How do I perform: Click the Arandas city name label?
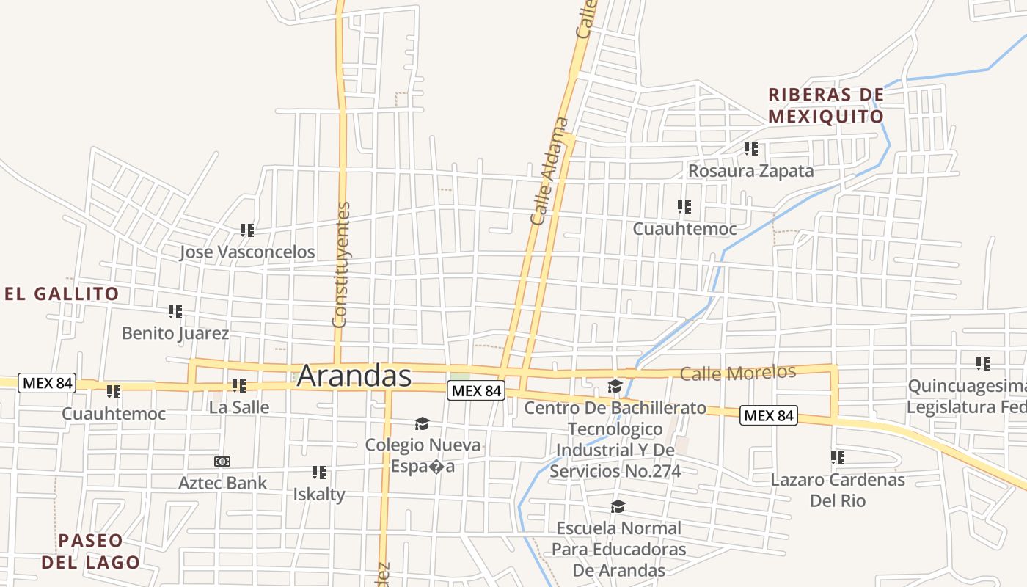pyautogui.click(x=354, y=376)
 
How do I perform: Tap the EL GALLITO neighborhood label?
pyautogui.click(x=62, y=294)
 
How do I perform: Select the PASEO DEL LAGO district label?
pyautogui.click(x=90, y=552)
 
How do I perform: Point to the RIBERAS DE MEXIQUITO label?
pyautogui.click(x=826, y=106)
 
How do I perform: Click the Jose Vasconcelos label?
pyautogui.click(x=247, y=252)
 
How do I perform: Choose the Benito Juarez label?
pyautogui.click(x=175, y=333)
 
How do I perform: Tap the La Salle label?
pyautogui.click(x=239, y=407)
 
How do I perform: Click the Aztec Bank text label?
pyautogui.click(x=223, y=483)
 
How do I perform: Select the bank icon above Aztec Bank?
pyautogui.click(x=222, y=462)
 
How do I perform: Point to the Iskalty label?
pyautogui.click(x=319, y=495)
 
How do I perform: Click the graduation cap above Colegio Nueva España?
pyautogui.click(x=422, y=423)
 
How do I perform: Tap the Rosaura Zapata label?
pyautogui.click(x=750, y=172)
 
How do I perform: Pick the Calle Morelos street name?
pyautogui.click(x=737, y=373)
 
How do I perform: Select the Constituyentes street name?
pyautogui.click(x=341, y=264)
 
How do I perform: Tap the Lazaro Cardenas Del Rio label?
pyautogui.click(x=838, y=490)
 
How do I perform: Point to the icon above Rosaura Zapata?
pyautogui.click(x=750, y=149)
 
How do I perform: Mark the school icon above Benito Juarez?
pyautogui.click(x=175, y=312)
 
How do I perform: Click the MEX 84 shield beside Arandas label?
pyautogui.click(x=476, y=391)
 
